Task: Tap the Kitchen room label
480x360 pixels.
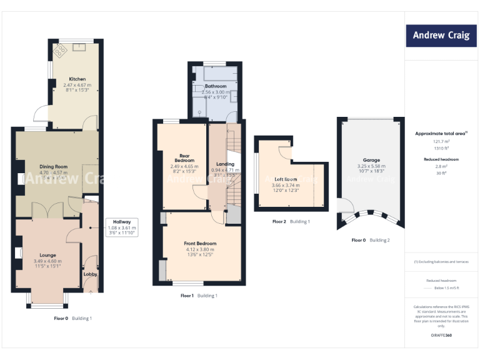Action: [77, 79]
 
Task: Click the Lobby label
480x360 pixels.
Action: [91, 274]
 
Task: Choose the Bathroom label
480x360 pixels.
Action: [216, 86]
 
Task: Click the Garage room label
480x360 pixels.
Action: [371, 160]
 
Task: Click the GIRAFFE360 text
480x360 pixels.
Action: [442, 336]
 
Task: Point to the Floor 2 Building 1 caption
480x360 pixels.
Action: [291, 221]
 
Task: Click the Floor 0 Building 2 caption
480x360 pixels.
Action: [371, 240]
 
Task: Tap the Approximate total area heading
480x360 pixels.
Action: [441, 134]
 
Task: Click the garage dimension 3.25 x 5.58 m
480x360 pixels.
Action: [371, 166]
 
